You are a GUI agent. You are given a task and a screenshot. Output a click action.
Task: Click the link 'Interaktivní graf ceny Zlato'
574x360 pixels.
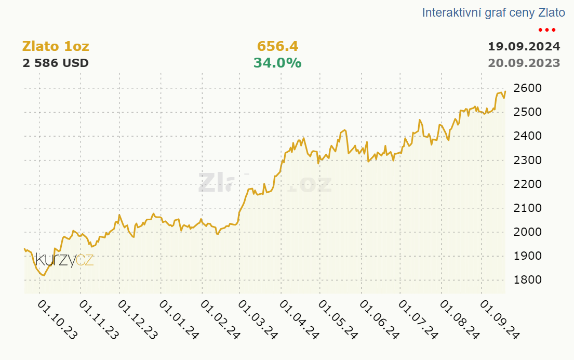click(493, 12)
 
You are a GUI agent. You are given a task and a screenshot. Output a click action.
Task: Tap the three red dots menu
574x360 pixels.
click(547, 30)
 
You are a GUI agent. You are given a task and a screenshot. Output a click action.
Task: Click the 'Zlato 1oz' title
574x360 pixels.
click(56, 47)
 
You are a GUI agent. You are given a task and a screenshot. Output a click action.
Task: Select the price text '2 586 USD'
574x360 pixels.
click(56, 63)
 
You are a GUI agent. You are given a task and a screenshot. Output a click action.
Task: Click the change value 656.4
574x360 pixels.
click(277, 47)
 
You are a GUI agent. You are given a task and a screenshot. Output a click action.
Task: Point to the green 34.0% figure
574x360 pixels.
click(277, 63)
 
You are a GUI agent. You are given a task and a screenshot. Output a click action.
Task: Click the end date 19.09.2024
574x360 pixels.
click(524, 47)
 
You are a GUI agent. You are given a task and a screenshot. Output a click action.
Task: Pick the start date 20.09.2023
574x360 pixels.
click(524, 63)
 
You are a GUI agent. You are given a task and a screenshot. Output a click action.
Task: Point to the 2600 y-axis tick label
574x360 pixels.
click(528, 88)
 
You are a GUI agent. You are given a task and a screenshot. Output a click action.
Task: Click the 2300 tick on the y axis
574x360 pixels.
click(528, 160)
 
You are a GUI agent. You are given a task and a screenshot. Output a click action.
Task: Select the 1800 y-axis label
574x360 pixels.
click(528, 280)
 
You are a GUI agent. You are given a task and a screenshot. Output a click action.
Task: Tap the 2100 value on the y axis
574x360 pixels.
click(528, 208)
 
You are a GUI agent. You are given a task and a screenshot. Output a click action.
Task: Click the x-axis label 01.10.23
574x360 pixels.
click(58, 320)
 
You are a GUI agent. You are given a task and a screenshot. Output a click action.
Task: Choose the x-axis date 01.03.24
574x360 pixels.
click(258, 320)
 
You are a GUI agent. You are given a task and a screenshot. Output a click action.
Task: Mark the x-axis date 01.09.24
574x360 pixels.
click(500, 320)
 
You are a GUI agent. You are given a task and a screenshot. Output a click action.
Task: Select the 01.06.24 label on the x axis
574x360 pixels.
click(379, 320)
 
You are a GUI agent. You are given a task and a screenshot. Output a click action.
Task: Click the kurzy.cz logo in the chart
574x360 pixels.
click(64, 260)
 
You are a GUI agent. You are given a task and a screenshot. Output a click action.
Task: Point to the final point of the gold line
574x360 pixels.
click(505, 91)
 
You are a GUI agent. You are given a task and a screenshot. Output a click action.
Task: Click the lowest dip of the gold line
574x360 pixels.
click(44, 275)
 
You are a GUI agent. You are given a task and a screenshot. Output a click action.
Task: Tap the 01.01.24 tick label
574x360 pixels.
click(179, 320)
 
